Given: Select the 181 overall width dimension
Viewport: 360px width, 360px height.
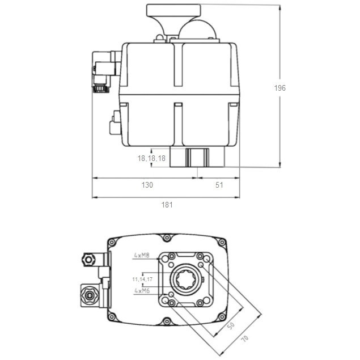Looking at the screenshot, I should pos(166,205).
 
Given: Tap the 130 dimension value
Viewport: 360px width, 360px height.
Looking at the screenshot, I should pos(146,185).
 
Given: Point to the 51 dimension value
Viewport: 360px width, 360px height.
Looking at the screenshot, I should pos(218,185).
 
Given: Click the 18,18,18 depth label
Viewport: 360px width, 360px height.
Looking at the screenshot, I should pos(151,158).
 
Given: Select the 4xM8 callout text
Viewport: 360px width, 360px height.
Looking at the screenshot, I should pos(142,256).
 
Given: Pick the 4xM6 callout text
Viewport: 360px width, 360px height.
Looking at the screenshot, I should pos(142,290).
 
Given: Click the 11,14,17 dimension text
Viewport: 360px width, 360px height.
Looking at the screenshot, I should pos(142,279).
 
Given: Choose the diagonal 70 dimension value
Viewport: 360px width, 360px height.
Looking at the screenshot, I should pos(245,339).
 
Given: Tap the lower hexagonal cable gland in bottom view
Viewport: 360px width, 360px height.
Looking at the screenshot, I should pos(88,295).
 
